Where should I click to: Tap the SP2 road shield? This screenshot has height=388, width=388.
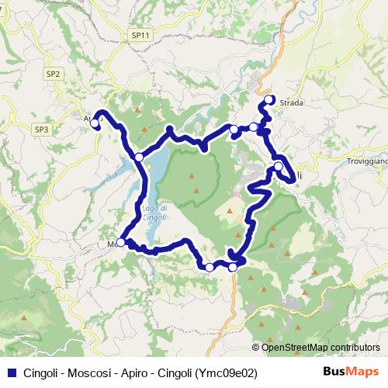[x=54, y=74]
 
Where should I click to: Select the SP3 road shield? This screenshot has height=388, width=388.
[x=41, y=129]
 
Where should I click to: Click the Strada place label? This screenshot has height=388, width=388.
[x=293, y=102]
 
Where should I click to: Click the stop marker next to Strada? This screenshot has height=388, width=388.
[x=270, y=99]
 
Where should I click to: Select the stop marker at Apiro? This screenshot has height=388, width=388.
[x=95, y=122]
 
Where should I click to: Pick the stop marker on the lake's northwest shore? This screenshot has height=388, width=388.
[x=139, y=157]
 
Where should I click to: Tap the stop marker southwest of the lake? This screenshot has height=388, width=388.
[x=120, y=243]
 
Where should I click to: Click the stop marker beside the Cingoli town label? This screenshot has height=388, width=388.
[x=279, y=166]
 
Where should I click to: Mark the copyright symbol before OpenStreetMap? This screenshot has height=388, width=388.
[x=258, y=348]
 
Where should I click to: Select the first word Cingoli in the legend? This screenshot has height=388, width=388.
[x=41, y=372]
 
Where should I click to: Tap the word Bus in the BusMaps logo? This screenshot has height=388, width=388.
[x=335, y=371]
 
